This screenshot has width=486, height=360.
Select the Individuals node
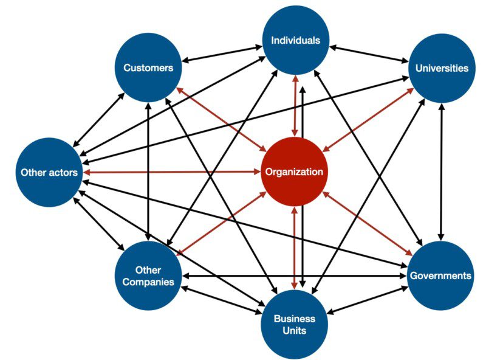point(295,41)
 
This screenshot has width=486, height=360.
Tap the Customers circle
point(148,67)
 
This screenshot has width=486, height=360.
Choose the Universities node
point(442,67)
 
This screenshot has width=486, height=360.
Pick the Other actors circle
point(49,172)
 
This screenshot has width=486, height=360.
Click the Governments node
point(440,275)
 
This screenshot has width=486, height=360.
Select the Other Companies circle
point(148,275)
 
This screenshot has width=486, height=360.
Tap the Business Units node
point(295,324)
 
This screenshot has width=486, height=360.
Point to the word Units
point(295,331)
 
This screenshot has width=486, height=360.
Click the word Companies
point(148,282)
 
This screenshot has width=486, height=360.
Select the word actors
point(63,172)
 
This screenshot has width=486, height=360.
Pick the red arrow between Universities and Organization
point(368,119)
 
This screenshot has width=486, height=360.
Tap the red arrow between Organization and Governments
point(368,223)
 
